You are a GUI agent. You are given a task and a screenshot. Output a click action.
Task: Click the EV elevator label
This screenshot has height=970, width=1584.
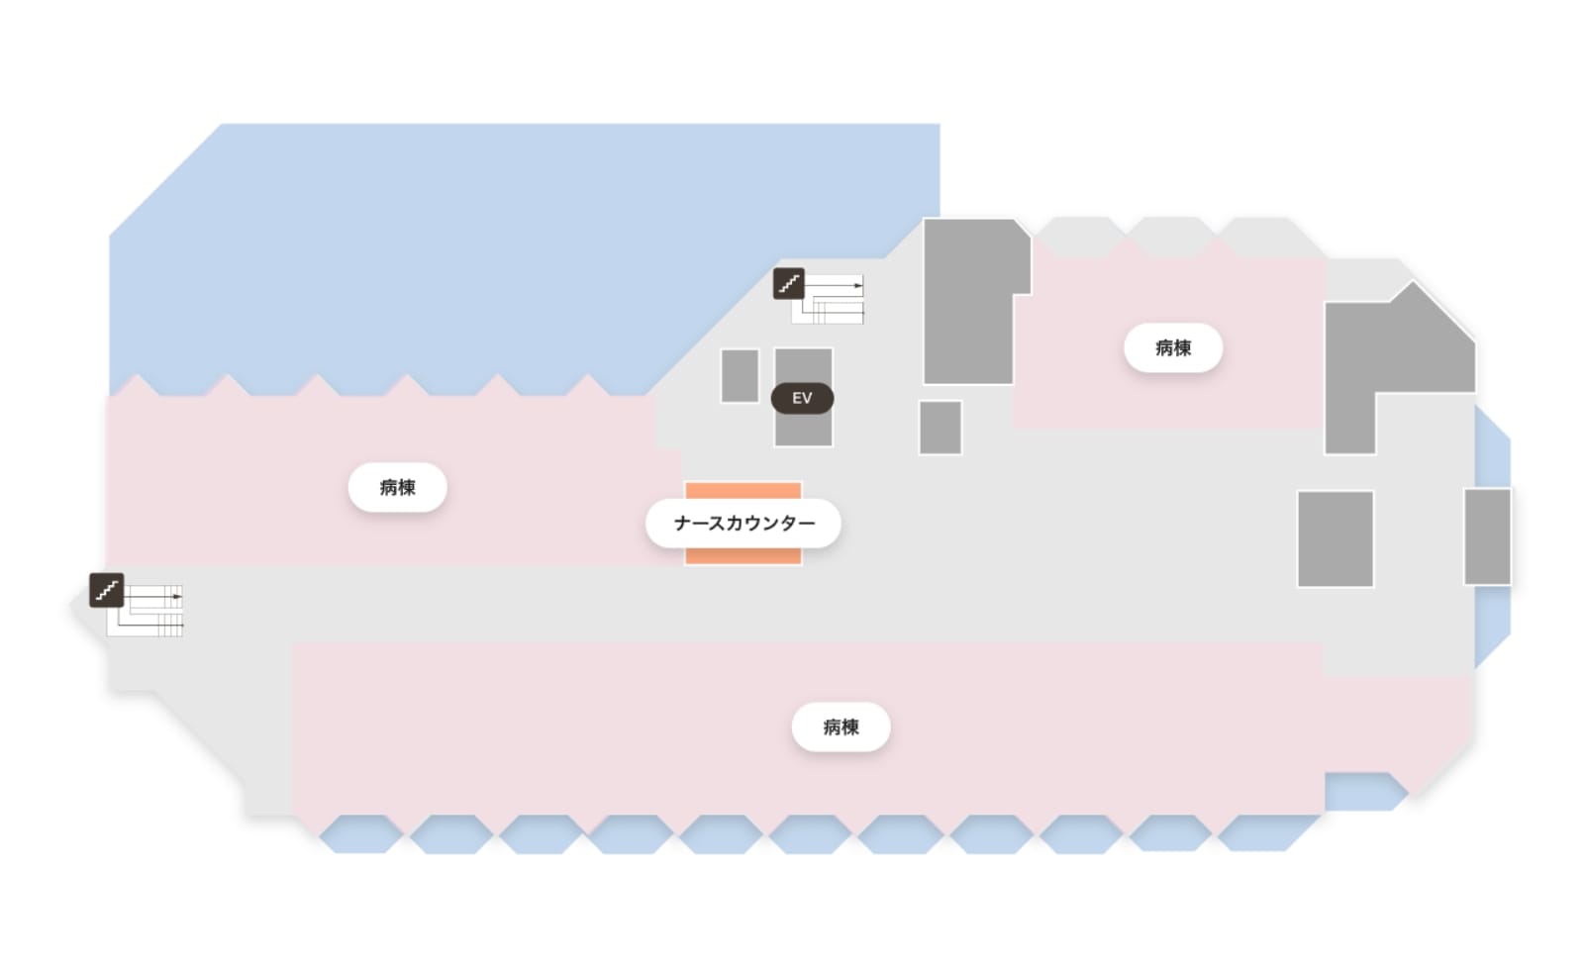pyautogui.click(x=802, y=398)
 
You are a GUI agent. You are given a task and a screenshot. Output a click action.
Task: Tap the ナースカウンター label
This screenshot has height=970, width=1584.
pyautogui.click(x=743, y=524)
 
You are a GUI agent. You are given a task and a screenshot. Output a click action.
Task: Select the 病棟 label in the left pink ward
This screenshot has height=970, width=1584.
pyautogui.click(x=397, y=487)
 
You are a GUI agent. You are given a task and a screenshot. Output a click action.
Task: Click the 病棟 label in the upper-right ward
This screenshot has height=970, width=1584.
pyautogui.click(x=1173, y=347)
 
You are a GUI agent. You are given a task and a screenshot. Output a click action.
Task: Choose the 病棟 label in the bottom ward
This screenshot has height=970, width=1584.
pyautogui.click(x=841, y=727)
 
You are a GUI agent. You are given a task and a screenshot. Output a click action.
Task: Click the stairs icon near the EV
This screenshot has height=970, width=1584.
pyautogui.click(x=788, y=283)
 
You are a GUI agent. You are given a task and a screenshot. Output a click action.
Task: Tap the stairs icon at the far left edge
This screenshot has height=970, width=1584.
pyautogui.click(x=107, y=590)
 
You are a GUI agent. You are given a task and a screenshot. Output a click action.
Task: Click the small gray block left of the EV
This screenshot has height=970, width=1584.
pyautogui.click(x=740, y=376)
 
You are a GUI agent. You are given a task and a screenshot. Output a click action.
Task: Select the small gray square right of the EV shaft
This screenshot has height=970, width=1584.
pyautogui.click(x=940, y=428)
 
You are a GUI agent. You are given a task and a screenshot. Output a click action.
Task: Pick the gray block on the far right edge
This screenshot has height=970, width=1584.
pyautogui.click(x=1487, y=536)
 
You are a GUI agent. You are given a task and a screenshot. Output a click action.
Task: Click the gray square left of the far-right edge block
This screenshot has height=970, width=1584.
pyautogui.click(x=1336, y=538)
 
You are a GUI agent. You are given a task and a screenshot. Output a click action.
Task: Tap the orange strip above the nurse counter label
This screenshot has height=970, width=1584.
pyautogui.click(x=743, y=491)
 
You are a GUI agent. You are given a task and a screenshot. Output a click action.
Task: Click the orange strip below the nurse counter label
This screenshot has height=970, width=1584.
pyautogui.click(x=743, y=555)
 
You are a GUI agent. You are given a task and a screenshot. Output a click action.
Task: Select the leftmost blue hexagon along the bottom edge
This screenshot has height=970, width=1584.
pyautogui.click(x=360, y=834)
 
